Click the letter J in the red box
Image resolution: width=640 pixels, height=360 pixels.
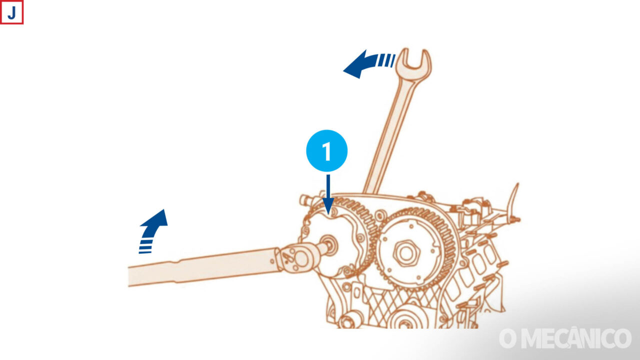coord(11,13)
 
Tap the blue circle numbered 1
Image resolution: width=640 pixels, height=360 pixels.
coord(327,150)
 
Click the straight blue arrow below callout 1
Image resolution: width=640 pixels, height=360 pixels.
coord(328,194)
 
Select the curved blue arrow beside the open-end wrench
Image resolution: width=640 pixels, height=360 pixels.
coord(368,63)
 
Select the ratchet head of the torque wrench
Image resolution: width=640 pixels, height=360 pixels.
coord(297,257)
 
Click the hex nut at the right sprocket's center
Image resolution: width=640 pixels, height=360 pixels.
coord(406,253)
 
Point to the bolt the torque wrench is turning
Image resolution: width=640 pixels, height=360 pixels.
coord(328,245)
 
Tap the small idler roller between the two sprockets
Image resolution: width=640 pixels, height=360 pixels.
coord(380,215)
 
